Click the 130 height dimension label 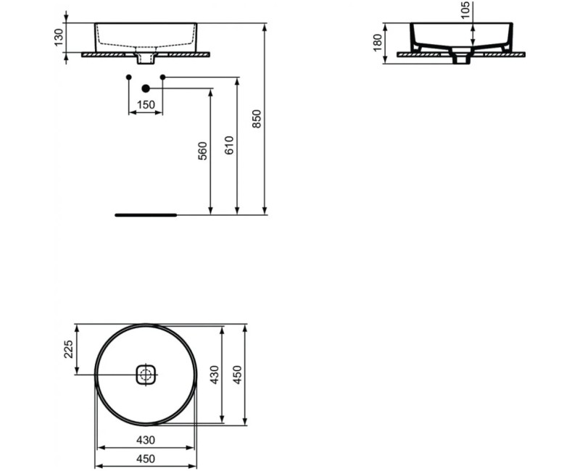click(59, 38)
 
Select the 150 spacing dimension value click(146, 105)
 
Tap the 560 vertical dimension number click(203, 151)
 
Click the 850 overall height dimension click(256, 119)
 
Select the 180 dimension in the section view click(377, 42)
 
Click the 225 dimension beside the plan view click(68, 350)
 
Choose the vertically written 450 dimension click(237, 375)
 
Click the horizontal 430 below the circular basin click(146, 439)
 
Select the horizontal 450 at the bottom click(146, 458)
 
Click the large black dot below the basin click(146, 88)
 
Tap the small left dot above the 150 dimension click(128, 77)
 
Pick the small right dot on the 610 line click(162, 77)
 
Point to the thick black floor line click(146, 215)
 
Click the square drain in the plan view click(146, 375)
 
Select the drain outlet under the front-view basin click(146, 58)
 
